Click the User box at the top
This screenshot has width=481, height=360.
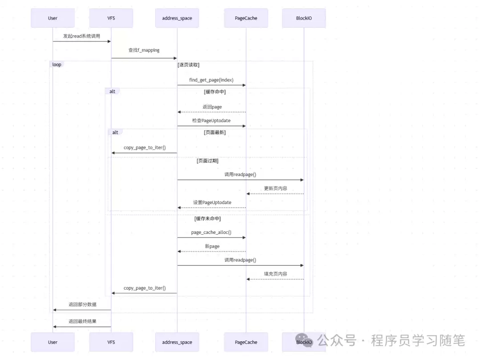pyautogui.click(x=53, y=18)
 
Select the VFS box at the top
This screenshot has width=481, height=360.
pyautogui.click(x=111, y=18)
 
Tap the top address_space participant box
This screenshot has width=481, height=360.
pyautogui.click(x=177, y=18)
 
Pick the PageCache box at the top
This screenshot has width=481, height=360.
pyautogui.click(x=246, y=18)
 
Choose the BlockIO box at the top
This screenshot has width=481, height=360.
pyautogui.click(x=304, y=18)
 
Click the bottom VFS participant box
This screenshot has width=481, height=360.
pyautogui.click(x=111, y=342)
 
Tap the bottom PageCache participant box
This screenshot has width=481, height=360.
pyautogui.click(x=246, y=342)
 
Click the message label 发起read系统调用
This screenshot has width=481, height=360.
pyautogui.click(x=82, y=36)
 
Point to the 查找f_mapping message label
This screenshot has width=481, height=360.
pyautogui.click(x=144, y=50)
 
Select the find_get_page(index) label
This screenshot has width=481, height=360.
pyautogui.click(x=211, y=80)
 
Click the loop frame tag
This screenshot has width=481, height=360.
pyautogui.click(x=57, y=65)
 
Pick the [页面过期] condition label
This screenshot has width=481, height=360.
pyautogui.click(x=208, y=161)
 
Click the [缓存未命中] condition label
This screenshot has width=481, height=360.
pyautogui.click(x=208, y=219)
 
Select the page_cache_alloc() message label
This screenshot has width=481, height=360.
pyautogui.click(x=211, y=233)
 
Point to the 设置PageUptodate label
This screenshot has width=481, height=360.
pyautogui.click(x=212, y=203)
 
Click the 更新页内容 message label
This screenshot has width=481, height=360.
pyautogui.click(x=275, y=188)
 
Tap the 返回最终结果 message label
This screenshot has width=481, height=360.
pyautogui.click(x=82, y=321)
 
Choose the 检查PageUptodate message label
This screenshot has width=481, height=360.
pyautogui.click(x=212, y=121)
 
